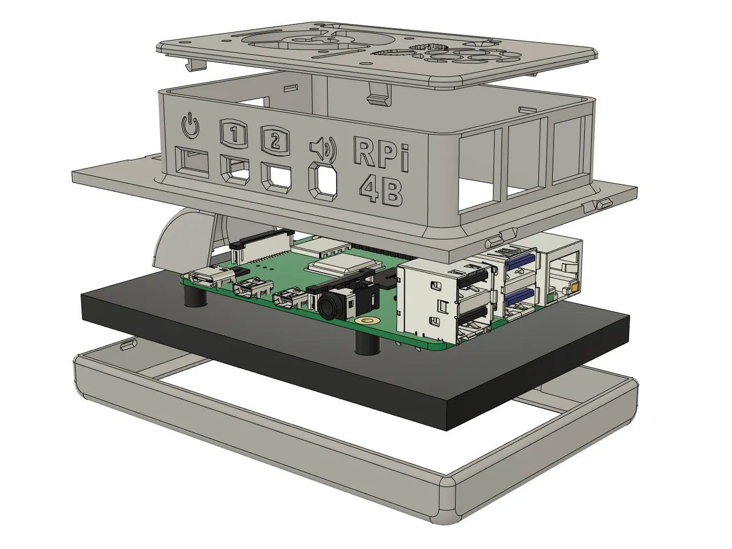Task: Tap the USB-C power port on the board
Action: pos(209,279)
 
